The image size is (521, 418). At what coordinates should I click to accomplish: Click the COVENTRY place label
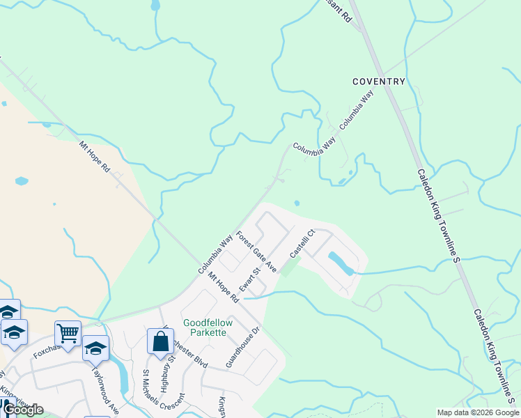coord(378,82)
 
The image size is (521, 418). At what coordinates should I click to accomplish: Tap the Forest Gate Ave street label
coord(257,252)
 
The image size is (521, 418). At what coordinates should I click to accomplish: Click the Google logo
coord(23,410)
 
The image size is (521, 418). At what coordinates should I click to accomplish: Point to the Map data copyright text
coord(478,412)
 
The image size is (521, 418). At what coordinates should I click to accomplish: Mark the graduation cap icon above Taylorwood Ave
coord(95,348)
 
